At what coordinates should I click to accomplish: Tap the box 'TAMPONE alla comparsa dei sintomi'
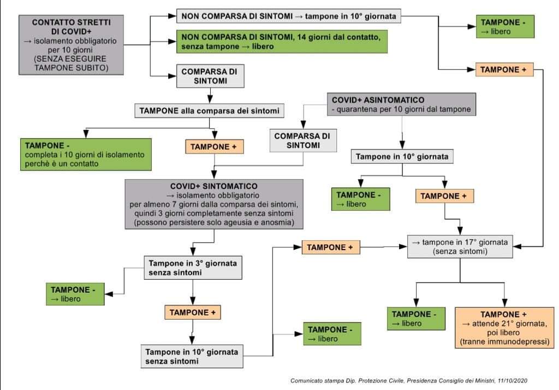pos(209,111)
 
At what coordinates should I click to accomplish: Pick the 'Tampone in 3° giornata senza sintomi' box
pos(193,267)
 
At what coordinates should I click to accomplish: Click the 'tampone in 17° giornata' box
pos(460,246)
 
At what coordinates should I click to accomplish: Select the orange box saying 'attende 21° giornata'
pos(504,328)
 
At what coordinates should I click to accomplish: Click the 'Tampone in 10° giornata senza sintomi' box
pos(192,356)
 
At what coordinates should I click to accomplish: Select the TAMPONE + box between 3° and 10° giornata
pos(193,312)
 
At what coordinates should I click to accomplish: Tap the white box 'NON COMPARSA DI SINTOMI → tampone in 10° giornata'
pos(289,16)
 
